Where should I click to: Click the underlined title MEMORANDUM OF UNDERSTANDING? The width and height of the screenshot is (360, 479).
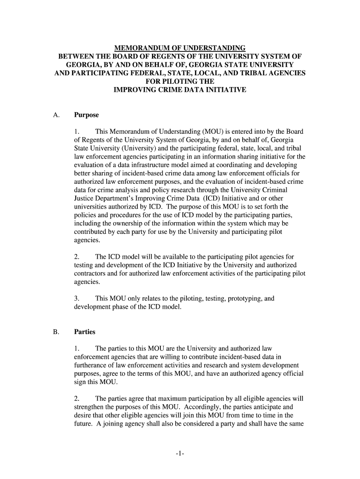180,48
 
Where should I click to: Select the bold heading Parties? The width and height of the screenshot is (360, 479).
85,332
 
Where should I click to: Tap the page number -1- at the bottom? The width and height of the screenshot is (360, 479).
180,453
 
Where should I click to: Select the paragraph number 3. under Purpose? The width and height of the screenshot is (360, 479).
77,298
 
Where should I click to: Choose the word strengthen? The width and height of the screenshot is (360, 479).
89,407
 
